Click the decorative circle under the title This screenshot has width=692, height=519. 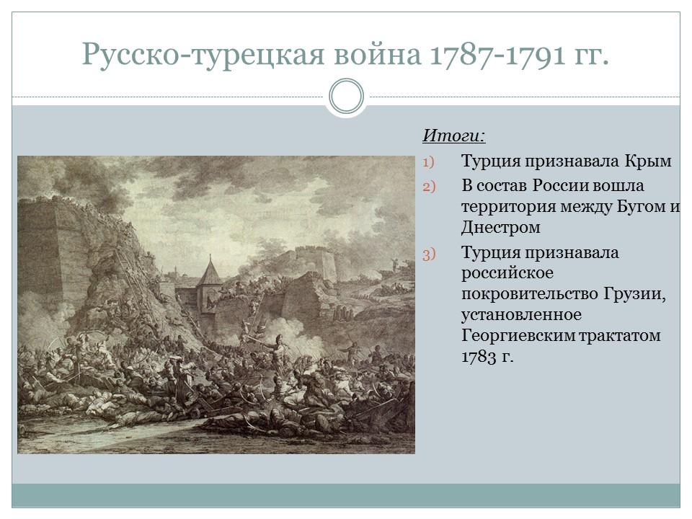pos(346,97)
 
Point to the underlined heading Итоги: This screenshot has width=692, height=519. pos(453,136)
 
